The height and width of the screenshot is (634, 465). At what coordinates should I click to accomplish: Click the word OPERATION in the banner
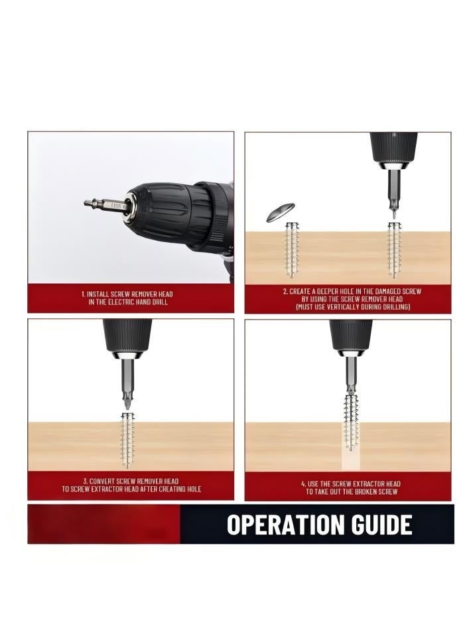click(284, 525)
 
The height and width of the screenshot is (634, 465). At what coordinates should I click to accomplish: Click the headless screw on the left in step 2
click(291, 250)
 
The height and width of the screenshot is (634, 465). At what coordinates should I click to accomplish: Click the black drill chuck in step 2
click(393, 148)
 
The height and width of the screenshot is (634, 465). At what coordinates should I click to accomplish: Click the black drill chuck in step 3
click(127, 336)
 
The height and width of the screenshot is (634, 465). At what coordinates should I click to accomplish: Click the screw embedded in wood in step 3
click(128, 441)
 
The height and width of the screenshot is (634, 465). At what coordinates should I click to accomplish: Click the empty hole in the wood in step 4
click(351, 462)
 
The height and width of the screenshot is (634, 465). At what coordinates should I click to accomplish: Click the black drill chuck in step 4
click(351, 336)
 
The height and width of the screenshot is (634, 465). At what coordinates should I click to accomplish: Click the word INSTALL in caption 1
click(98, 294)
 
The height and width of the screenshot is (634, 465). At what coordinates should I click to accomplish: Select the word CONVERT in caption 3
click(101, 481)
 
